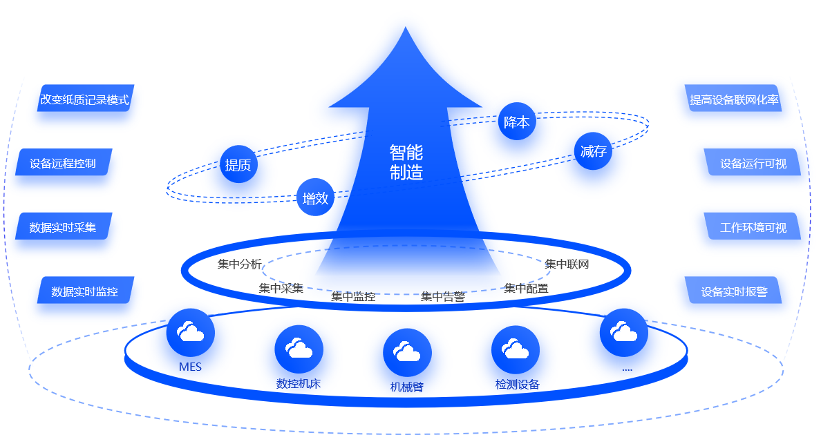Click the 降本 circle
pos(517,122)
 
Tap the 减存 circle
pos(593,151)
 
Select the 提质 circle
pos(238,164)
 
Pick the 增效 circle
pos(315,198)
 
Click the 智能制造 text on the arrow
pos(406,162)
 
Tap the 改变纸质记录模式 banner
pos(85,99)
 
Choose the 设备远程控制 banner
pos(63,164)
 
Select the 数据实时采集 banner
pos(63,227)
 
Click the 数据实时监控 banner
pos(85,291)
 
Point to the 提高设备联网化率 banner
pos(734,99)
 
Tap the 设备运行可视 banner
pos(753,164)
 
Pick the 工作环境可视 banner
pos(753,227)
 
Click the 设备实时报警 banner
pos(734,291)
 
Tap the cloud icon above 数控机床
pos(299,349)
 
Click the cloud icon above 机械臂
pos(407,352)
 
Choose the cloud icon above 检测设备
pos(516,349)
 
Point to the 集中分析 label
pos(240,264)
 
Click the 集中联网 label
pos(567,264)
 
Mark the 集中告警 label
pos(443,297)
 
